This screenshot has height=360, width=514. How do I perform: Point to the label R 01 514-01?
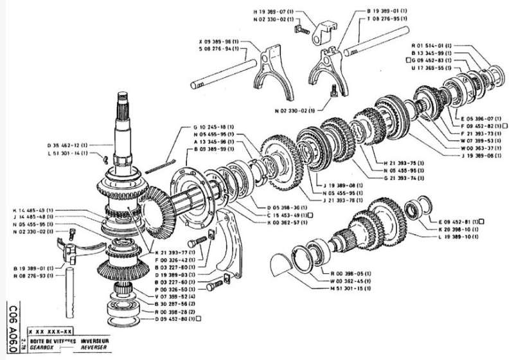pyautogui.click(x=435, y=46)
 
